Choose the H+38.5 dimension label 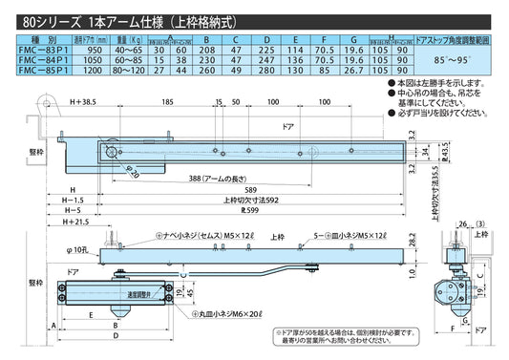(x=84, y=101)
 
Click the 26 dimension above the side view (x=462, y=226)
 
